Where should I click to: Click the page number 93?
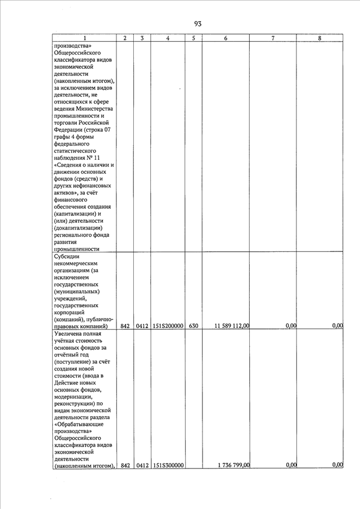[197, 24]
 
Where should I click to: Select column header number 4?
[168, 38]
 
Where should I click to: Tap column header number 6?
[225, 38]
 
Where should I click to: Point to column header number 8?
[319, 38]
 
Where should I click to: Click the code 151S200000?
[168, 326]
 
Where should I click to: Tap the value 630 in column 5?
[193, 326]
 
